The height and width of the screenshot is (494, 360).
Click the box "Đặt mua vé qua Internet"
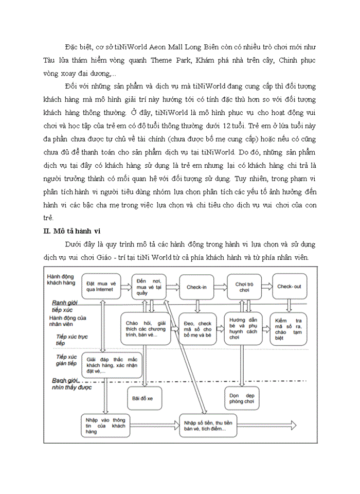99,286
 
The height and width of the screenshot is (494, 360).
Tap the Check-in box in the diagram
196,286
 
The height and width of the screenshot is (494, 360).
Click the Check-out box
290,286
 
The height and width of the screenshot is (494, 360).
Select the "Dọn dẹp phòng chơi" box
243,397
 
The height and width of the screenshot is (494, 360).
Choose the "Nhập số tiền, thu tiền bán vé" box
208,426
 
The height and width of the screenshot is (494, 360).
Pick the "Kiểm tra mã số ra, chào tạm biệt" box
288,329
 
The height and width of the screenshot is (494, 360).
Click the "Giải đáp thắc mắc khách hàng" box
113,364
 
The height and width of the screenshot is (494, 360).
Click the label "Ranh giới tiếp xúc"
64,307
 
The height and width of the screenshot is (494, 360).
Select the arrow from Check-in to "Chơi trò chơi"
220,287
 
